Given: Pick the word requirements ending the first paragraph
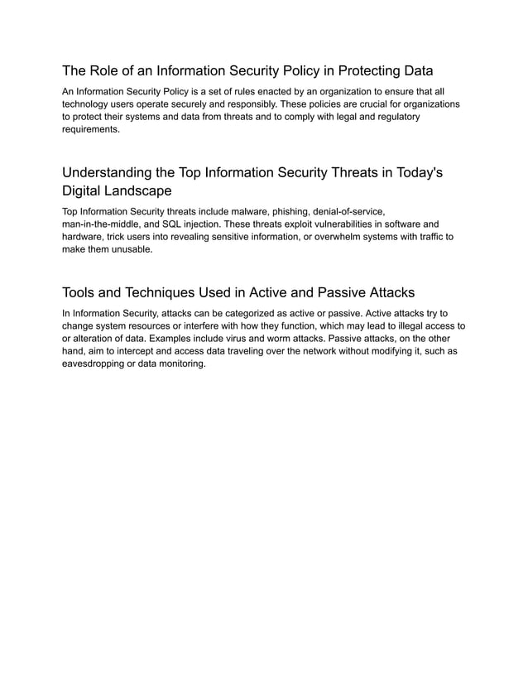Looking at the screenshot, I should pos(91,130).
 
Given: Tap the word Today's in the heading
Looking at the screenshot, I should pos(416,173).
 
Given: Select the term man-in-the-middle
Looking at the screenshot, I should pos(103,224).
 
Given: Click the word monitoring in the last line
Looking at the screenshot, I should pos(179,364).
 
